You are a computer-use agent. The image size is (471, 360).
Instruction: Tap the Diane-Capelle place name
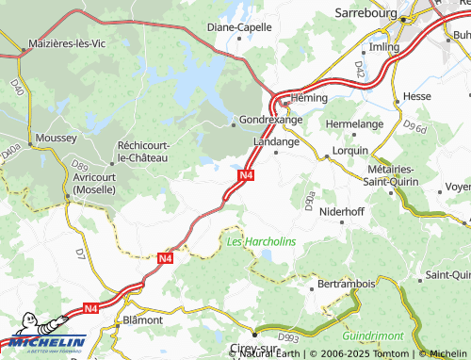click(239, 27)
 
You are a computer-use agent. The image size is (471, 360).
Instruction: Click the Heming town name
click(308, 98)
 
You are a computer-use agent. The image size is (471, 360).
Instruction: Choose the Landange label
click(277, 141)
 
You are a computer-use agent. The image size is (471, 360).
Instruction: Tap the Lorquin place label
click(351, 151)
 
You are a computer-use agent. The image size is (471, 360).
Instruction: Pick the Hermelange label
click(354, 123)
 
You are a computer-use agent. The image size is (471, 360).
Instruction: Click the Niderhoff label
click(342, 212)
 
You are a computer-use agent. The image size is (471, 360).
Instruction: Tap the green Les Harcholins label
click(261, 241)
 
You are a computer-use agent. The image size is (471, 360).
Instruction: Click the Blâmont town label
click(143, 319)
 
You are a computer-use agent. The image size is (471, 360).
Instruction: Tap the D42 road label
click(359, 69)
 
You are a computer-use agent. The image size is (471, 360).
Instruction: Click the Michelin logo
click(44, 340)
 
